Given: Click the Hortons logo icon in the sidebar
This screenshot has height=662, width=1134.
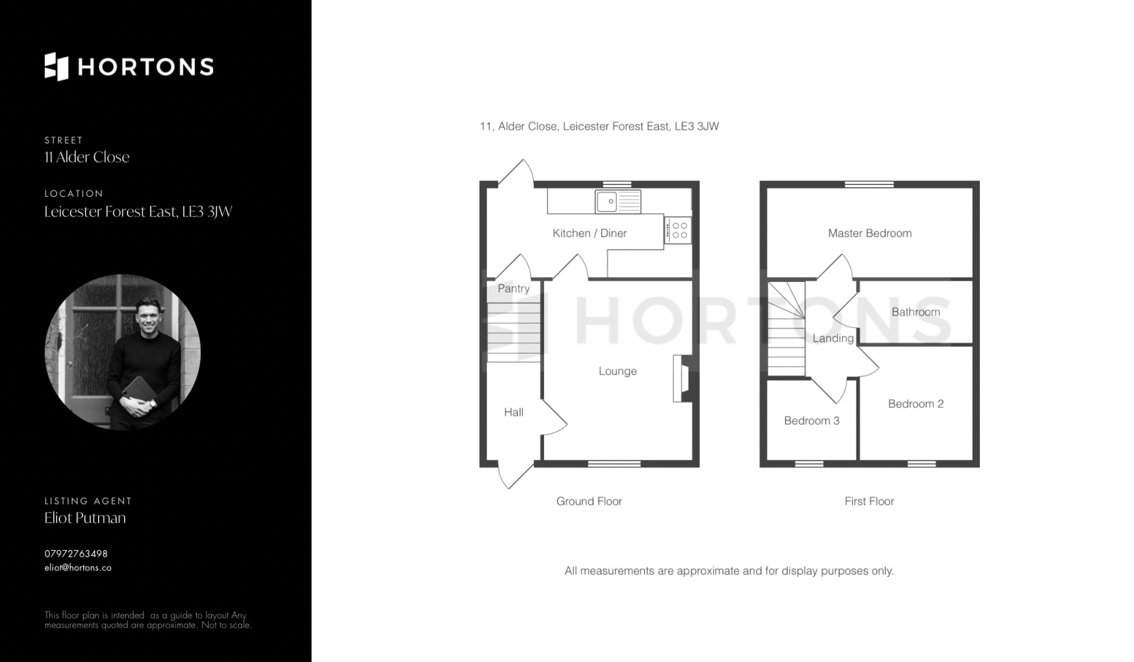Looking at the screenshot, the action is (x=57, y=67).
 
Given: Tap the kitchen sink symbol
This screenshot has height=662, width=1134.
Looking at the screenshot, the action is (x=618, y=202).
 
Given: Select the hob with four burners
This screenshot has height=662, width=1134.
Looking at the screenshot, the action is (x=677, y=230).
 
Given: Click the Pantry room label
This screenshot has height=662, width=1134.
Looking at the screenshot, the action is (x=513, y=288).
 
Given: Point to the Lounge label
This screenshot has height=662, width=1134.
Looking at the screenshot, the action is (x=618, y=371).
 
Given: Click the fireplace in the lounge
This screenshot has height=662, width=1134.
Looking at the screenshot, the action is (x=682, y=379).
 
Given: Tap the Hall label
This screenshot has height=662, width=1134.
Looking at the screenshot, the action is (x=513, y=413).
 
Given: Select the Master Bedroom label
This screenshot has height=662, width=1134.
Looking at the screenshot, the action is (x=869, y=233).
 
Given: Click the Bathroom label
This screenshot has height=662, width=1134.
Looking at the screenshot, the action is (x=915, y=312).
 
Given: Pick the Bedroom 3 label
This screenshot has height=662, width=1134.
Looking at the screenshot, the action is (x=812, y=421).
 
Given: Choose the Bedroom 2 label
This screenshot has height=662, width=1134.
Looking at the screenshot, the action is (x=915, y=404).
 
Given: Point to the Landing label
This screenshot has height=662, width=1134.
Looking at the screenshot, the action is (x=833, y=339).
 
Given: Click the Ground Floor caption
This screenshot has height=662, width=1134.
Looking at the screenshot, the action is (x=589, y=501).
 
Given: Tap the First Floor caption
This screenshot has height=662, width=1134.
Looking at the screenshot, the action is (x=869, y=501).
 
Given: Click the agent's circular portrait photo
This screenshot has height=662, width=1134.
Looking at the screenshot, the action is (x=123, y=352).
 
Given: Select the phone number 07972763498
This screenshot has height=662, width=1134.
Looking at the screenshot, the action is (x=76, y=554).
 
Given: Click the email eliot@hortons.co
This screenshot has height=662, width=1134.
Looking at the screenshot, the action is (x=78, y=568).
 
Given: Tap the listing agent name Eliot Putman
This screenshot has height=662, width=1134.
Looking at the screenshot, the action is (x=85, y=518).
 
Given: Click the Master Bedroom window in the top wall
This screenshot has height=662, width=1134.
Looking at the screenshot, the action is (x=869, y=184).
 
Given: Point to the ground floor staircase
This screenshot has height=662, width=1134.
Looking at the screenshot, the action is (x=513, y=332).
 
